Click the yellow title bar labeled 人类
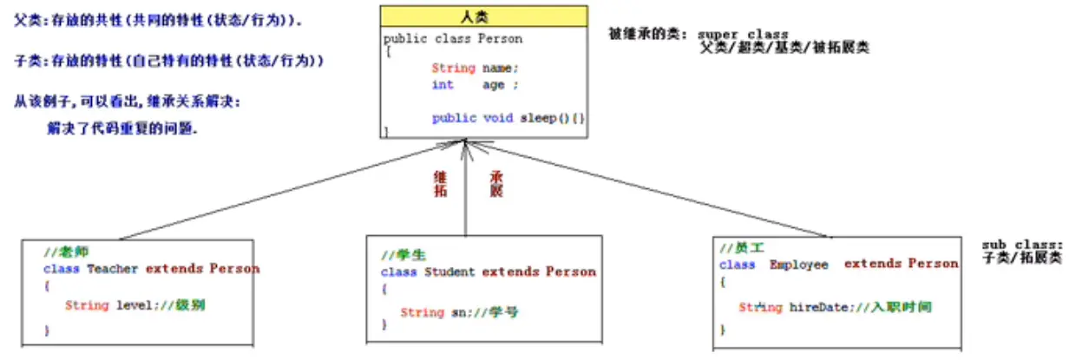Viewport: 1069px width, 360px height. coord(483,17)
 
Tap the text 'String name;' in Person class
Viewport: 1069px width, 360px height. coord(475,68)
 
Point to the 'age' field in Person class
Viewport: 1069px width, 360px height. coord(493,85)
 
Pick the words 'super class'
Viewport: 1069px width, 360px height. coord(743,36)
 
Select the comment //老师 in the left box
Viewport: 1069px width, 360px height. coord(60,252)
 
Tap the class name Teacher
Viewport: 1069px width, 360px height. coord(112,269)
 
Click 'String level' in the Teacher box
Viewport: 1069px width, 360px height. coord(100,305)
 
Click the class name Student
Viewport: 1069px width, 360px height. coord(449,272)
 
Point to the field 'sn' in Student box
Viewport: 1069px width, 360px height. coord(457,312)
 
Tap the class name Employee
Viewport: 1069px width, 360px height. coord(798,264)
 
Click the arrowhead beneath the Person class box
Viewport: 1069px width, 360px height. coord(466,146)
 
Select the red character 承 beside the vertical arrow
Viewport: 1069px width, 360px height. coord(496,176)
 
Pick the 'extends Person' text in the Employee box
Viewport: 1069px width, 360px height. coord(901,264)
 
